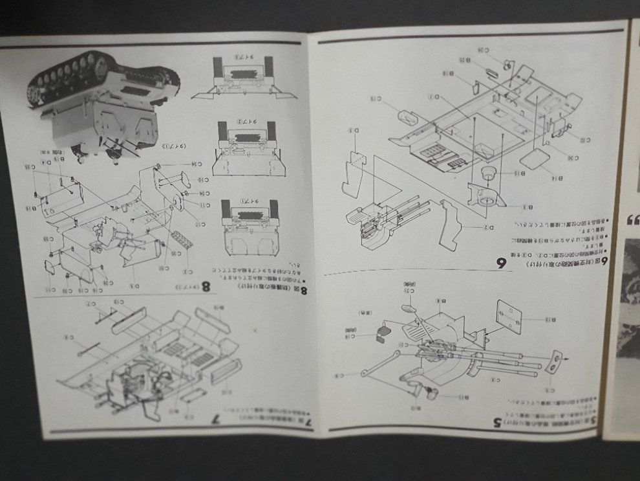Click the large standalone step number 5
[x=497, y=422]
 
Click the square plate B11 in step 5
[x=509, y=317]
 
